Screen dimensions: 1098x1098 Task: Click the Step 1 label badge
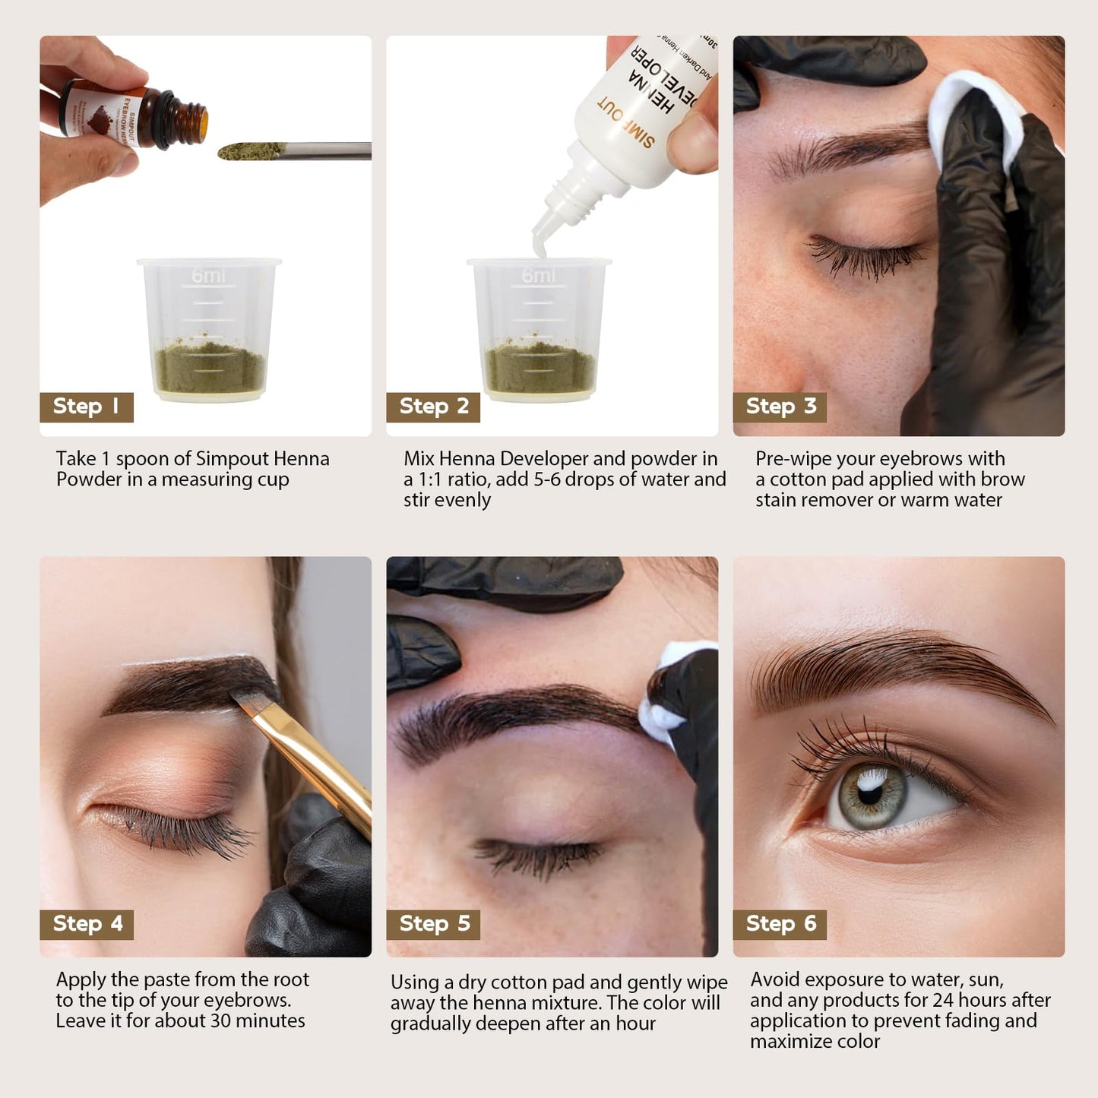click(x=86, y=407)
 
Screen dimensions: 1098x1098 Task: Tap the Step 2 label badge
click(x=433, y=407)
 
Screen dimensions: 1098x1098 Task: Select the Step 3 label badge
click(x=780, y=407)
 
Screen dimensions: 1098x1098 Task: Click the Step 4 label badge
click(x=87, y=924)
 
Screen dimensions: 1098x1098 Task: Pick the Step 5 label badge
click(x=433, y=924)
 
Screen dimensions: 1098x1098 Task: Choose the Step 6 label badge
click(x=780, y=924)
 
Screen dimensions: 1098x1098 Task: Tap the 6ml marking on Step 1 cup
click(x=207, y=275)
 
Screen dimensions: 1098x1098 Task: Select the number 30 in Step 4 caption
click(x=220, y=1020)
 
